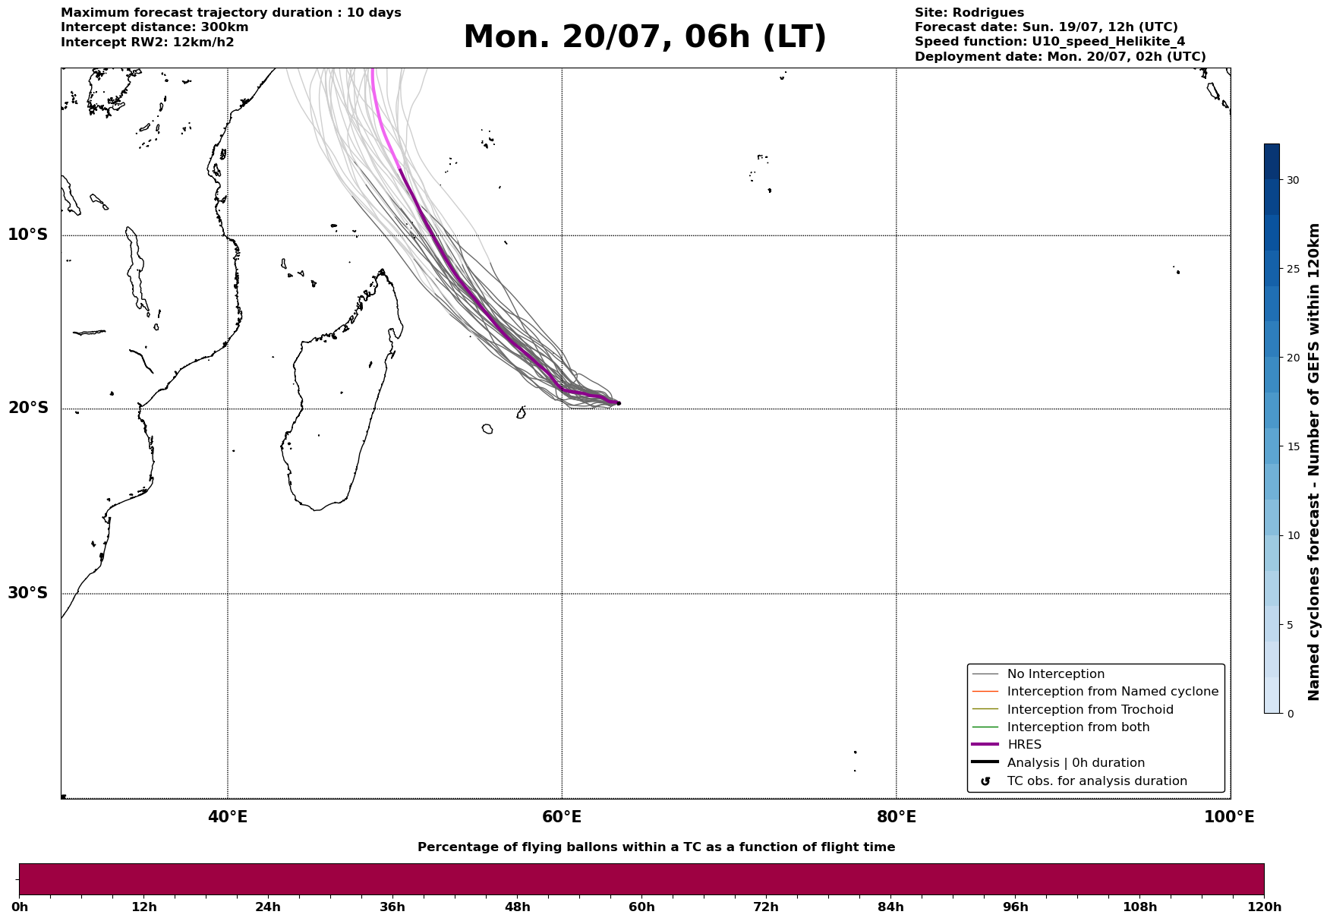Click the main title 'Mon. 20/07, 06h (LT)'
pyautogui.click(x=645, y=37)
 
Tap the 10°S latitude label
pyautogui.click(x=28, y=235)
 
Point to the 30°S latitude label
pyautogui.click(x=28, y=593)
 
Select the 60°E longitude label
pyautogui.click(x=562, y=817)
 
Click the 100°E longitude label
pyautogui.click(x=1229, y=817)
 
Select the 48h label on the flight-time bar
pyautogui.click(x=518, y=907)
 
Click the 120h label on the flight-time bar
pyautogui.click(x=1264, y=907)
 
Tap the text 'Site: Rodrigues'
pyautogui.click(x=969, y=13)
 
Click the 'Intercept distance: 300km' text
pyautogui.click(x=155, y=27)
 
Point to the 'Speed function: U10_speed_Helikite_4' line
pyautogui.click(x=1050, y=42)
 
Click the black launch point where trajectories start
pyautogui.click(x=619, y=403)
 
